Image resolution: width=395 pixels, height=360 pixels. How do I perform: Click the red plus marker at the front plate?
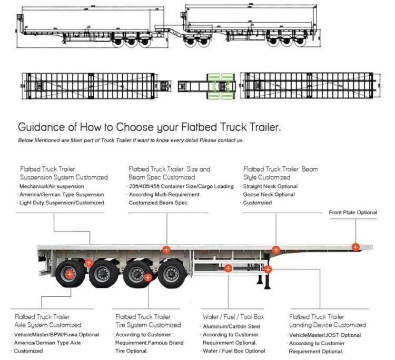coord(356,246)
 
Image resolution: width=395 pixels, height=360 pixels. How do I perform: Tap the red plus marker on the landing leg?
coord(268,269)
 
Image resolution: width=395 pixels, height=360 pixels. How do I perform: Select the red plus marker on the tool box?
coord(228,268)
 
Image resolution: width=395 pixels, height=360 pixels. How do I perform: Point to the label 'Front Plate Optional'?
coord(353,213)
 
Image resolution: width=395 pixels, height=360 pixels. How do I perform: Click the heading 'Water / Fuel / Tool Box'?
coord(233,317)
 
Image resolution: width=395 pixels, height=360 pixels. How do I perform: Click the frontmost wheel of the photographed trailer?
coord(170,274)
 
